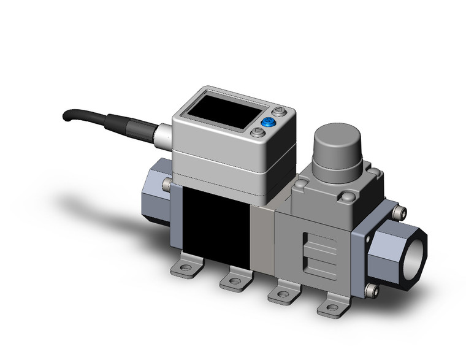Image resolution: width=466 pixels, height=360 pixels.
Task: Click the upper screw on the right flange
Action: click(x=402, y=213)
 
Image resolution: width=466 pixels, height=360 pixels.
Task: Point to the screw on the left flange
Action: click(x=167, y=184)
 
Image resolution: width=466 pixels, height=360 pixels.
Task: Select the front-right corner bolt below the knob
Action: click(x=348, y=197)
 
